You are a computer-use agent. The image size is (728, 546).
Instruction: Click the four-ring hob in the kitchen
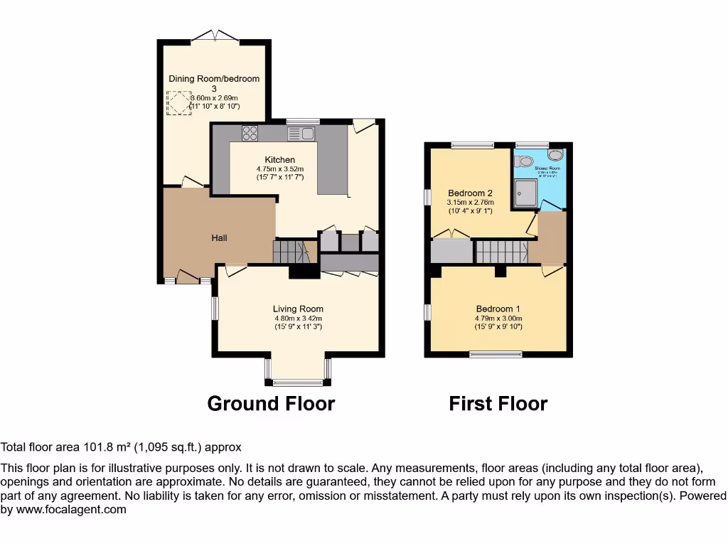[x=250, y=133]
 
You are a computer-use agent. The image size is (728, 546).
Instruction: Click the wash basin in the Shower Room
[x=555, y=154]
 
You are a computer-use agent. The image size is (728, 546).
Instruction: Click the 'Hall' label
[x=219, y=237]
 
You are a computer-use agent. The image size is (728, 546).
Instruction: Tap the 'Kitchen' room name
[x=279, y=160]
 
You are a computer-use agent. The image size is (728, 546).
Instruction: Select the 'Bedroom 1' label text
[x=498, y=309]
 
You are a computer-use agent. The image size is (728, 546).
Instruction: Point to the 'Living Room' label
[x=298, y=309]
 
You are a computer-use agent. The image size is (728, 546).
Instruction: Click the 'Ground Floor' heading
[x=271, y=404]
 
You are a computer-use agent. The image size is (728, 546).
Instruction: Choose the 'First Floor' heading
[x=498, y=404]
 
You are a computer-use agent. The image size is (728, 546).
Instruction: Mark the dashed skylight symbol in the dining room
[x=179, y=103]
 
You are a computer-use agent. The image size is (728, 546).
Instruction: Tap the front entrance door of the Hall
[x=188, y=277]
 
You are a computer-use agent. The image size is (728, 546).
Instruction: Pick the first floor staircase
[x=501, y=252]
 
